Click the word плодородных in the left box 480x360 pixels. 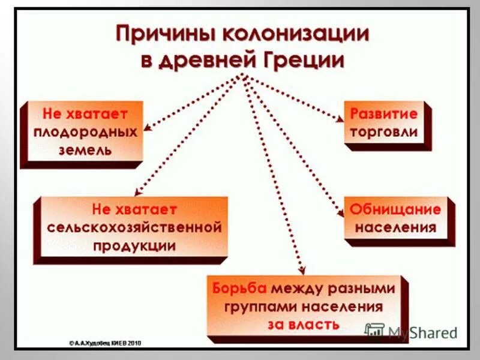pos(85,131)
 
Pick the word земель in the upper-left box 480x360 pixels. pos(85,150)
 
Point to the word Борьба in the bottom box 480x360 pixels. pos(241,288)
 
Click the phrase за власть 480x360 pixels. pos(304,325)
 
